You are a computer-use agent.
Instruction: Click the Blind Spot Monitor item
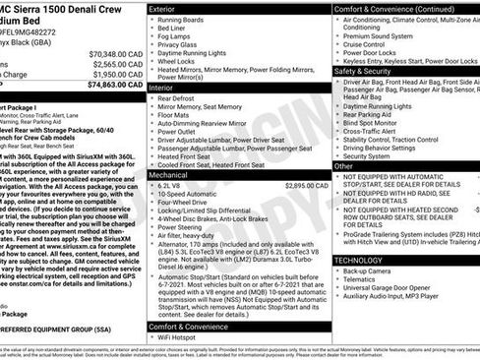pos(374,122)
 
